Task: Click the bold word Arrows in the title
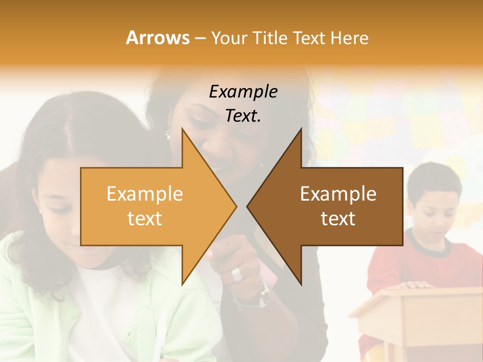tap(158, 38)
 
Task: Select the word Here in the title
tap(349, 38)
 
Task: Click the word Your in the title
tap(229, 38)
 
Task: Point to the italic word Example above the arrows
tap(243, 92)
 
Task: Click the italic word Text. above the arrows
tap(243, 116)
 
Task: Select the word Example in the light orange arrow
tap(145, 194)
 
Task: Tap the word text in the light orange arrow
tap(145, 219)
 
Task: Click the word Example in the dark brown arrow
tap(338, 194)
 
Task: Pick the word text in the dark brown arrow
tap(338, 219)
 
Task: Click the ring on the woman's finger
tap(236, 274)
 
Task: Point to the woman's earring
tap(168, 134)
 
